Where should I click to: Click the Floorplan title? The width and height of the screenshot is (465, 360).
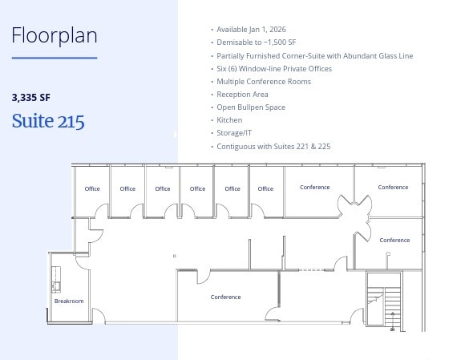(x=55, y=35)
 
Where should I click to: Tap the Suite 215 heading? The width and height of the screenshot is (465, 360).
(x=48, y=121)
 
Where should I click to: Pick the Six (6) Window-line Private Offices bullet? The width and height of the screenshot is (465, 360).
(x=274, y=68)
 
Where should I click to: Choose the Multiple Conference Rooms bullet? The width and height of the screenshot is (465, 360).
(x=264, y=81)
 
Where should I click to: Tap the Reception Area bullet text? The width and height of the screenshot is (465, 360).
(x=242, y=94)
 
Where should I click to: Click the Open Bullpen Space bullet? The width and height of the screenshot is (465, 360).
(x=251, y=107)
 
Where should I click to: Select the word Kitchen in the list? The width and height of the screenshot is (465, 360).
(x=229, y=120)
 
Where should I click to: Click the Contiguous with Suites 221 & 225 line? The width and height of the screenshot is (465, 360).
(x=273, y=146)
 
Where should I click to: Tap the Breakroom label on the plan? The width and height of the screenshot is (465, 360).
(x=69, y=301)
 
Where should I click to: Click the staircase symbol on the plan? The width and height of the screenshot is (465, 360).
(x=383, y=301)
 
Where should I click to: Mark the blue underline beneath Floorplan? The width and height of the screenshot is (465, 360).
(x=55, y=58)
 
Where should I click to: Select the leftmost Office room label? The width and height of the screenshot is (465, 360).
(x=92, y=189)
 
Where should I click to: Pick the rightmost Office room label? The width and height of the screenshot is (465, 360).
(x=265, y=189)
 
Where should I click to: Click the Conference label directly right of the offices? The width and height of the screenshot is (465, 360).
(x=314, y=188)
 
